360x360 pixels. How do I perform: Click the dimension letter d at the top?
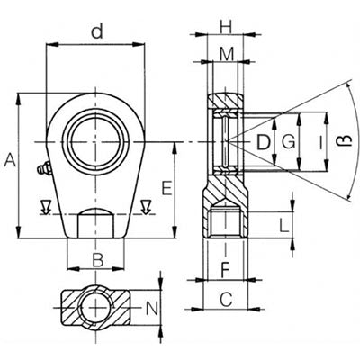tap(97, 31)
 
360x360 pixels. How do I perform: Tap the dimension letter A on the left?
tap(10, 159)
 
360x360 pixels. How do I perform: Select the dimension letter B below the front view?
tap(98, 260)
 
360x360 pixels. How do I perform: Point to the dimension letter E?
tap(167, 188)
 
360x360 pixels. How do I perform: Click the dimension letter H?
tap(226, 28)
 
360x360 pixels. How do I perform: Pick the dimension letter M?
tap(227, 54)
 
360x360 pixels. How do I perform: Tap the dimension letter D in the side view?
tap(264, 142)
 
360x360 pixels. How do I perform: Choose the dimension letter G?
tap(289, 142)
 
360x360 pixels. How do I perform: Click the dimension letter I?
tap(320, 142)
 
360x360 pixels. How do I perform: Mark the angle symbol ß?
tap(347, 140)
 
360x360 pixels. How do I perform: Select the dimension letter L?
tap(283, 225)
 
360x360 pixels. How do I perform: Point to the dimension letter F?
tap(225, 269)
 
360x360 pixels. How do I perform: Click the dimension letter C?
tap(226, 299)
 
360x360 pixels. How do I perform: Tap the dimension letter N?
tap(152, 308)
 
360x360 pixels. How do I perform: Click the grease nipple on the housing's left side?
tap(44, 169)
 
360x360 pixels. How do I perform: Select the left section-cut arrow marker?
tap(45, 207)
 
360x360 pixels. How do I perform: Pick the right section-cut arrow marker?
tap(146, 207)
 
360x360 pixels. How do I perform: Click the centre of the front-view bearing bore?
tap(95, 142)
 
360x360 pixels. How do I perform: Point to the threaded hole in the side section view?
tap(225, 222)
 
